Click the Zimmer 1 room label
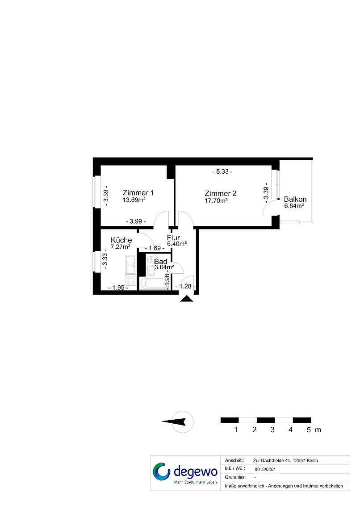138,192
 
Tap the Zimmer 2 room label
220,193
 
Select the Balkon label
295,199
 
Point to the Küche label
121,240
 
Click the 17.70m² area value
216,200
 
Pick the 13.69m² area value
134,200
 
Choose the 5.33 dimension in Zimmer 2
222,172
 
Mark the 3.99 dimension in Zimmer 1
136,221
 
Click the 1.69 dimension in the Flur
155,248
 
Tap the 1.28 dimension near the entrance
185,286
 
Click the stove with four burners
131,280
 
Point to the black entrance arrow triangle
186,298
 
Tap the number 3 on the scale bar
272,430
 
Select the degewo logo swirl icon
162,471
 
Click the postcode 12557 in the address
299,460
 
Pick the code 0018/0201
266,469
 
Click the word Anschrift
234,460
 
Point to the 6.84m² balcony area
294,206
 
